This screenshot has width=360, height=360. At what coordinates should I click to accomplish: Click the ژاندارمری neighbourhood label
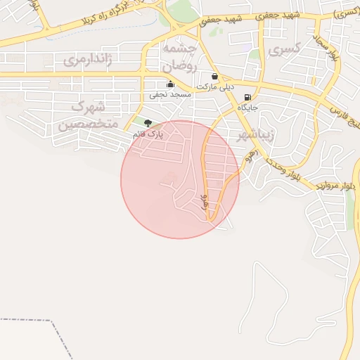88,60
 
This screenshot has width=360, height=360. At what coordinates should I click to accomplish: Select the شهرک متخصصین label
88,116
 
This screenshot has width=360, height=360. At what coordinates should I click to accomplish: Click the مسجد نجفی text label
169,94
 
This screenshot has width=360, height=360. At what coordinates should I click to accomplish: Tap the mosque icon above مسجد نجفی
169,84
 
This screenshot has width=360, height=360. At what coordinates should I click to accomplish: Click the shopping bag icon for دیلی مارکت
214,77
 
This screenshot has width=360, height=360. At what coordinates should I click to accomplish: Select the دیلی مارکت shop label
214,86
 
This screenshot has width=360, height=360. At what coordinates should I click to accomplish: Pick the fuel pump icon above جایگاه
247,97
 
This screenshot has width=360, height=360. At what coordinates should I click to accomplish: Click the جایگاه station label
247,107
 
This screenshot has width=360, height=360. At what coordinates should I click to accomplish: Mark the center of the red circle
180,179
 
